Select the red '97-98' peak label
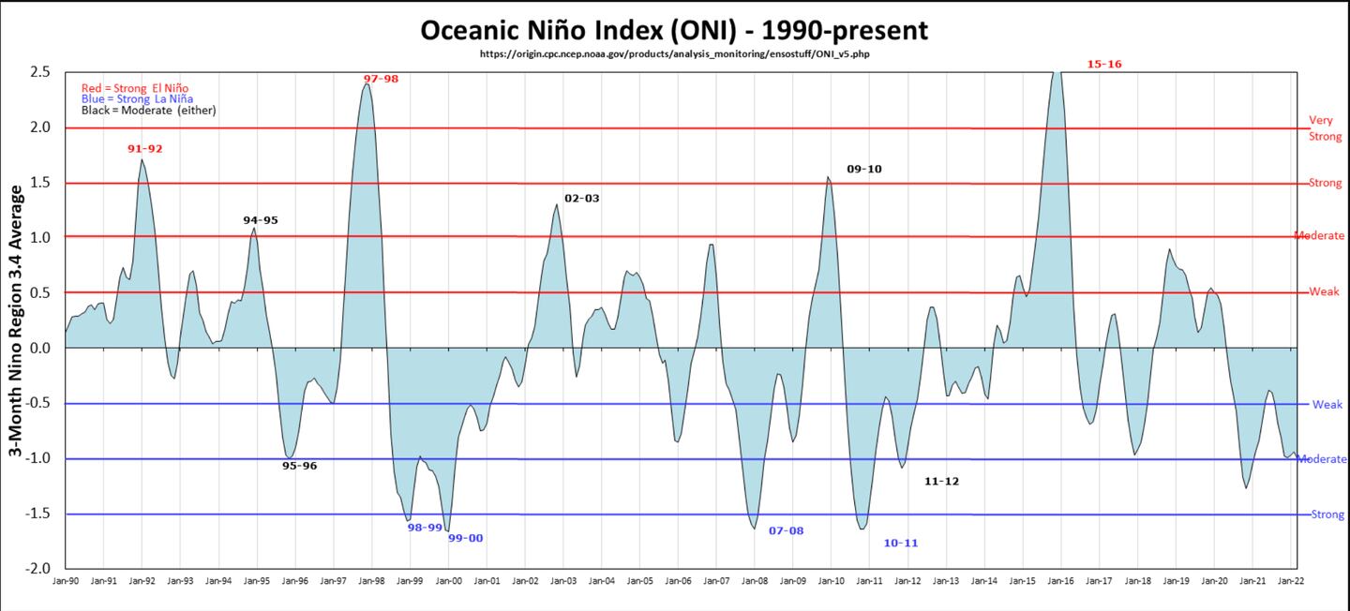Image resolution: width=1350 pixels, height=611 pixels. [381, 79]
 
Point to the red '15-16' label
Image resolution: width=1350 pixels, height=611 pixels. [1104, 65]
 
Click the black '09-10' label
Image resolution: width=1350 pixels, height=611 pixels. [863, 170]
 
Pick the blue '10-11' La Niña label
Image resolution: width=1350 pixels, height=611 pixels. [900, 543]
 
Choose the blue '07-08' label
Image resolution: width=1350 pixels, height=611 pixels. [786, 530]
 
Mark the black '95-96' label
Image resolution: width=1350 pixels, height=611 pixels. [299, 466]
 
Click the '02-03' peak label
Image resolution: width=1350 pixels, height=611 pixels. [581, 199]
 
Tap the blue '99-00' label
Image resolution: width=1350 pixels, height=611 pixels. [465, 538]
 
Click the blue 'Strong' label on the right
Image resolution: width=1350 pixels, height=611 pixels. [1327, 514]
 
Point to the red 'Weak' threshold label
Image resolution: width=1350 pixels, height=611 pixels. [1325, 292]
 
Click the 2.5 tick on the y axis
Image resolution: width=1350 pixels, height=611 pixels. [38, 72]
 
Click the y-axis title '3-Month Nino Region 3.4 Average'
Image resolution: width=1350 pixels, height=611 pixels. [17, 320]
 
